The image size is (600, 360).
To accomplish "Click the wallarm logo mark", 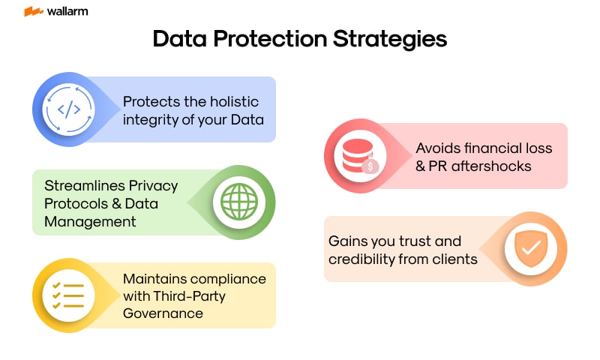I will [33, 12].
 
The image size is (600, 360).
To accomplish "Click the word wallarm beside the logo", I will [66, 12].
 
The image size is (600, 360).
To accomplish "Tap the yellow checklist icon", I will [69, 295].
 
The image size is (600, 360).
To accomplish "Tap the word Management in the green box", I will [90, 220].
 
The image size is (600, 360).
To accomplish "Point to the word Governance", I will [163, 313].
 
